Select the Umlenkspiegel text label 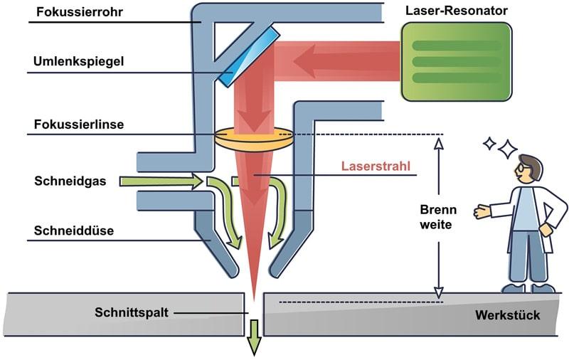pyautogui.click(x=78, y=61)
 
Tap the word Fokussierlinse pyautogui.click(x=78, y=124)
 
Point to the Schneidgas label pyautogui.click(x=70, y=181)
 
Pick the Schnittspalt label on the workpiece pyautogui.click(x=132, y=312)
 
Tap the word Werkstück pyautogui.click(x=510, y=314)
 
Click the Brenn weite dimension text pyautogui.click(x=437, y=217)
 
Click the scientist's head pyautogui.click(x=529, y=169)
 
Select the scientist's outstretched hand pyautogui.click(x=482, y=211)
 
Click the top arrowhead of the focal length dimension pyautogui.click(x=439, y=142)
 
